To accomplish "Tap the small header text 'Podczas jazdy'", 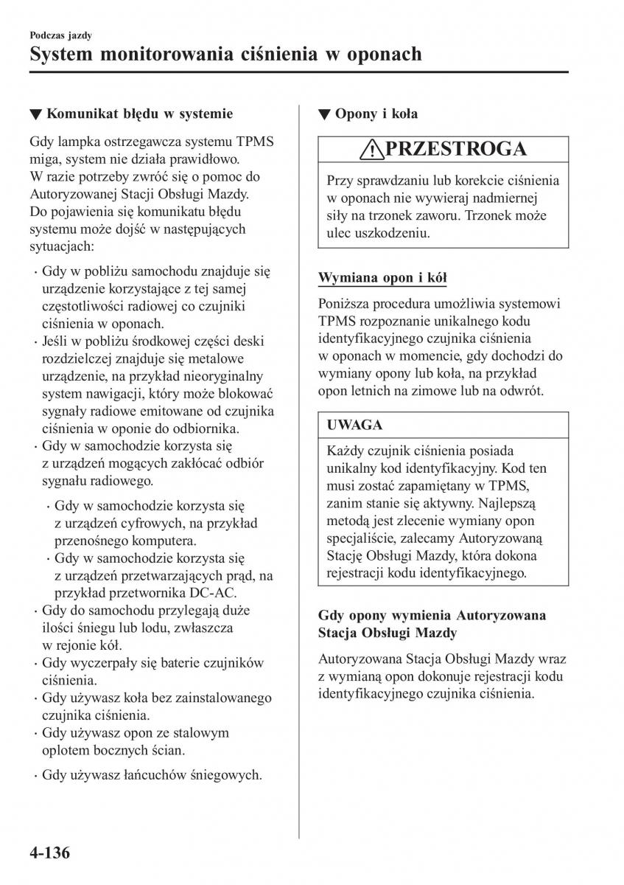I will pos(61,35).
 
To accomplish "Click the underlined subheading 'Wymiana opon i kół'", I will pos(382,278).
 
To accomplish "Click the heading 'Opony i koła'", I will pos(376,114).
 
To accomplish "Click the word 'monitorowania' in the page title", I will pos(186,54).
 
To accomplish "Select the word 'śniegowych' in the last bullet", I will pos(227,774).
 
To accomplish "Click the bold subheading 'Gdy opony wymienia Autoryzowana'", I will pos(432,615).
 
